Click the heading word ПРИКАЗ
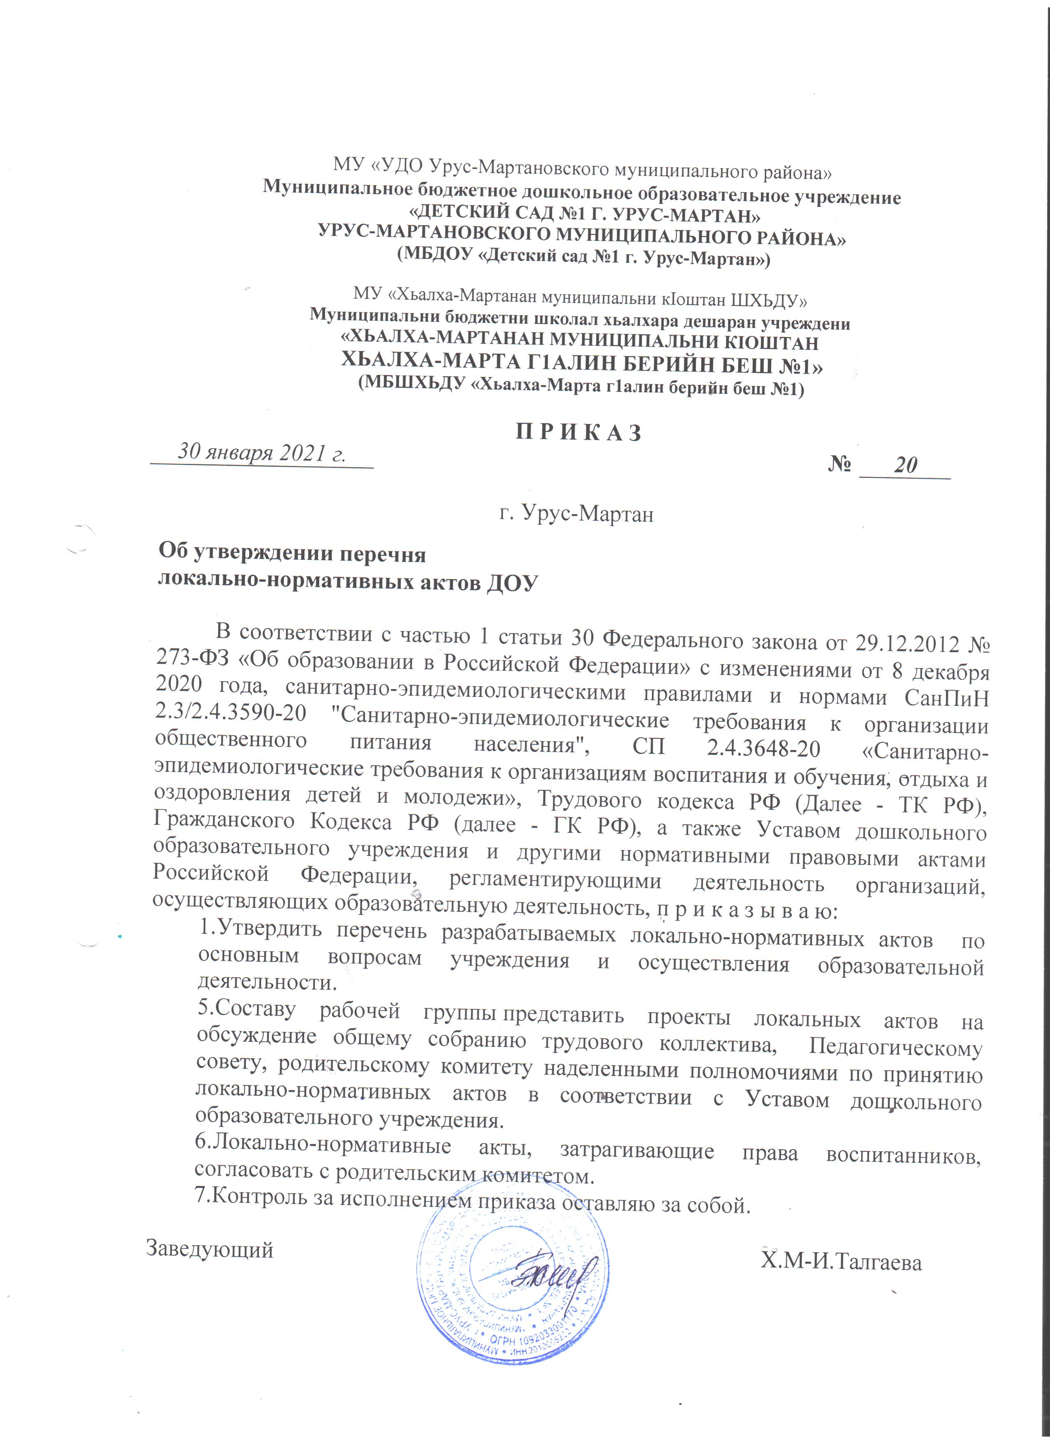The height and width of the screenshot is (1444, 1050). click(x=578, y=433)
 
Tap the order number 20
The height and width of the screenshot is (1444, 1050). click(x=905, y=466)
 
